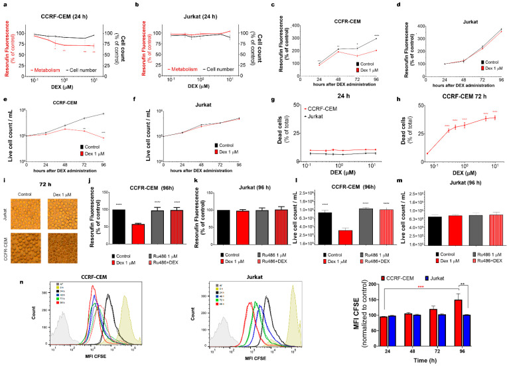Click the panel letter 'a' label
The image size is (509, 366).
coord(5,4)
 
